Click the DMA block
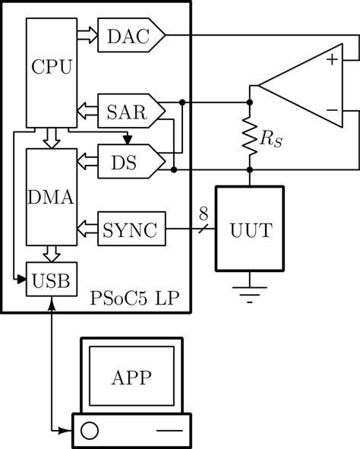(51, 198)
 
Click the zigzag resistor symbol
(250, 138)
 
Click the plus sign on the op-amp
(330, 59)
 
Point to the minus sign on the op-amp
(330, 112)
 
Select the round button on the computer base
(90, 432)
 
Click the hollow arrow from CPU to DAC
(86, 35)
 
